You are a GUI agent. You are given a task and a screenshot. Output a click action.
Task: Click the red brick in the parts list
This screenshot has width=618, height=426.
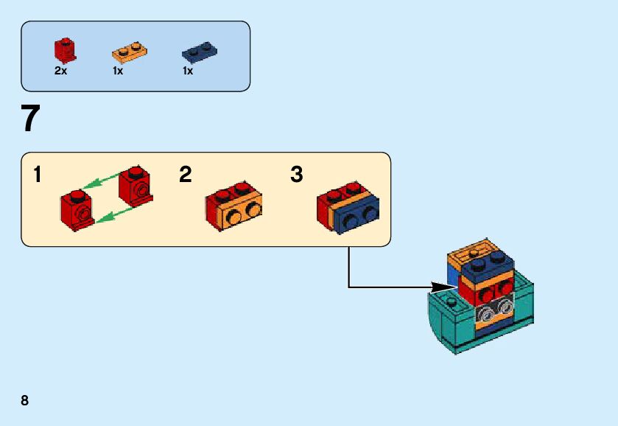[x=66, y=50]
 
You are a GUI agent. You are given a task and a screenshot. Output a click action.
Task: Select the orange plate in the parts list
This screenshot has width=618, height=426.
[x=130, y=52]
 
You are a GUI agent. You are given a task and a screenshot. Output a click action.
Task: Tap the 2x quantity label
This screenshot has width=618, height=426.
[x=60, y=71]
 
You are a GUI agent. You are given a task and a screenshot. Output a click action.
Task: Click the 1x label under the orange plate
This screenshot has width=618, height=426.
[x=118, y=71]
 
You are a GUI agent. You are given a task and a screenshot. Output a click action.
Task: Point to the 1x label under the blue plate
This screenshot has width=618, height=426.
[x=188, y=71]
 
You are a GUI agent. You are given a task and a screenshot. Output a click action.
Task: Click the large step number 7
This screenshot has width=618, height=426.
[x=30, y=119]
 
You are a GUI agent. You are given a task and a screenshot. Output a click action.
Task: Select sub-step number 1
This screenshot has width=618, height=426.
[x=38, y=175]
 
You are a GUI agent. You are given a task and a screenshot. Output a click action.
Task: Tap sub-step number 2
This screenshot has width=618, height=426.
[x=186, y=175]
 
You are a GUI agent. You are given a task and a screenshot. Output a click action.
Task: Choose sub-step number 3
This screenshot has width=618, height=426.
[x=296, y=175]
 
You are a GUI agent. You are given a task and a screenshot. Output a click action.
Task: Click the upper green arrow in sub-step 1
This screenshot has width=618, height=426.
[x=100, y=182]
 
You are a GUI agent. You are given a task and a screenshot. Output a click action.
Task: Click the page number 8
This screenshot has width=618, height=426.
[x=25, y=401]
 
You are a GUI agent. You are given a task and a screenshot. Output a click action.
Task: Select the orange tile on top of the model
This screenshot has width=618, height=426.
[x=470, y=251]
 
